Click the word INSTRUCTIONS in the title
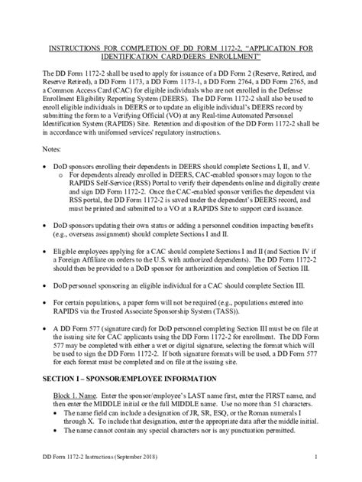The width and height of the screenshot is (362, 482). tap(77, 47)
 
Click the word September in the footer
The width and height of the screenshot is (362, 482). tap(135, 458)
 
